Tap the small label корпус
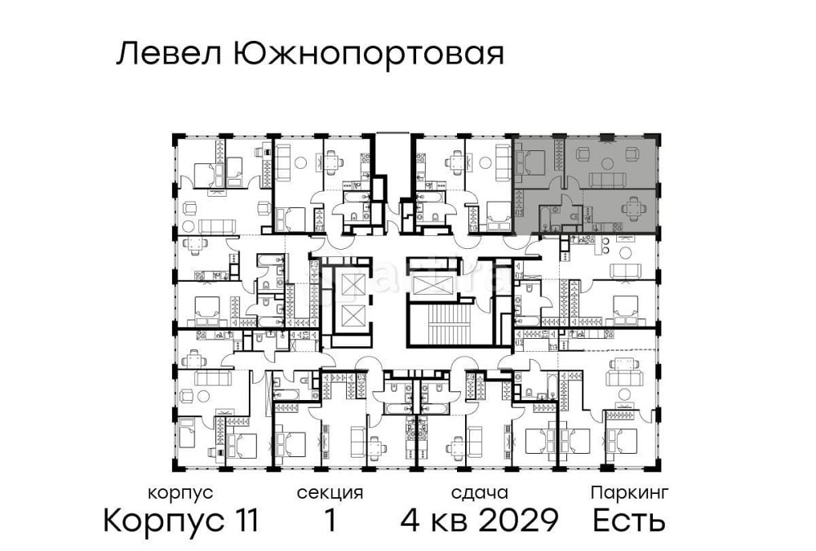[180, 493]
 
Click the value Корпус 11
[180, 520]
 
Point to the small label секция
[330, 493]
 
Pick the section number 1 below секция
[330, 520]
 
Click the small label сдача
[479, 493]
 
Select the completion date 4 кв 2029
[479, 520]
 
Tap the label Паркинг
[629, 493]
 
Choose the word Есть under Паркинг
[629, 520]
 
